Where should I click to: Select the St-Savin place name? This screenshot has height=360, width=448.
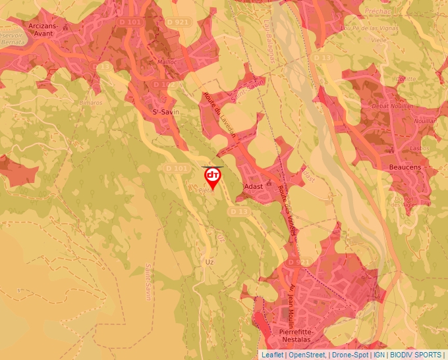tap(166, 112)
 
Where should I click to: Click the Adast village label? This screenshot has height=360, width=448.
tap(254, 186)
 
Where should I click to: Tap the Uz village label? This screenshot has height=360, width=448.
tap(210, 261)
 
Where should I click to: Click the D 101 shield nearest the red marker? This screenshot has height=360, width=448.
tap(177, 169)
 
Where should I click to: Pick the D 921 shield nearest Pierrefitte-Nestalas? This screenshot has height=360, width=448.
tap(300, 263)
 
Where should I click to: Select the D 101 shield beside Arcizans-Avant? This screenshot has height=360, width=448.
tap(131, 22)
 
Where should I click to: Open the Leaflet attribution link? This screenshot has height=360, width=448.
tap(272, 355)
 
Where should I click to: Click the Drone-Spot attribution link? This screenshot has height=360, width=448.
tap(350, 355)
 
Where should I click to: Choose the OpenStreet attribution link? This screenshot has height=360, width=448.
tap(307, 355)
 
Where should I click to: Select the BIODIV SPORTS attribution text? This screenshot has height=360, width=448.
tap(416, 355)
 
